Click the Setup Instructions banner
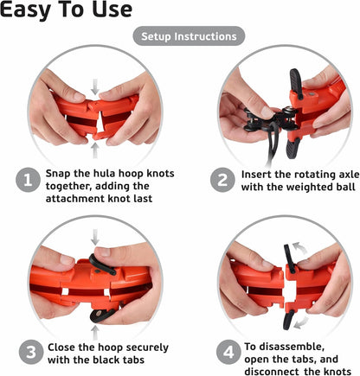point(189,36)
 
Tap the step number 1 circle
point(28,181)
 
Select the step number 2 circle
point(222,181)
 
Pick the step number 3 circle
point(31,353)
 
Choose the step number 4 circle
point(228,353)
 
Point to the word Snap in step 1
point(58,174)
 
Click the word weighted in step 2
point(300,188)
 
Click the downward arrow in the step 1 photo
point(95,87)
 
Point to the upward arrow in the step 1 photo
point(95,150)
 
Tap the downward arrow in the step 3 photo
point(95,237)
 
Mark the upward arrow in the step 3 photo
point(95,333)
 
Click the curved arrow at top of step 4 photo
point(300,247)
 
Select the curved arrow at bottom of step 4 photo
point(302,322)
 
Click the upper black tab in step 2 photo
point(296,82)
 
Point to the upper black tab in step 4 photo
point(289,258)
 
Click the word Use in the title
point(112,10)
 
